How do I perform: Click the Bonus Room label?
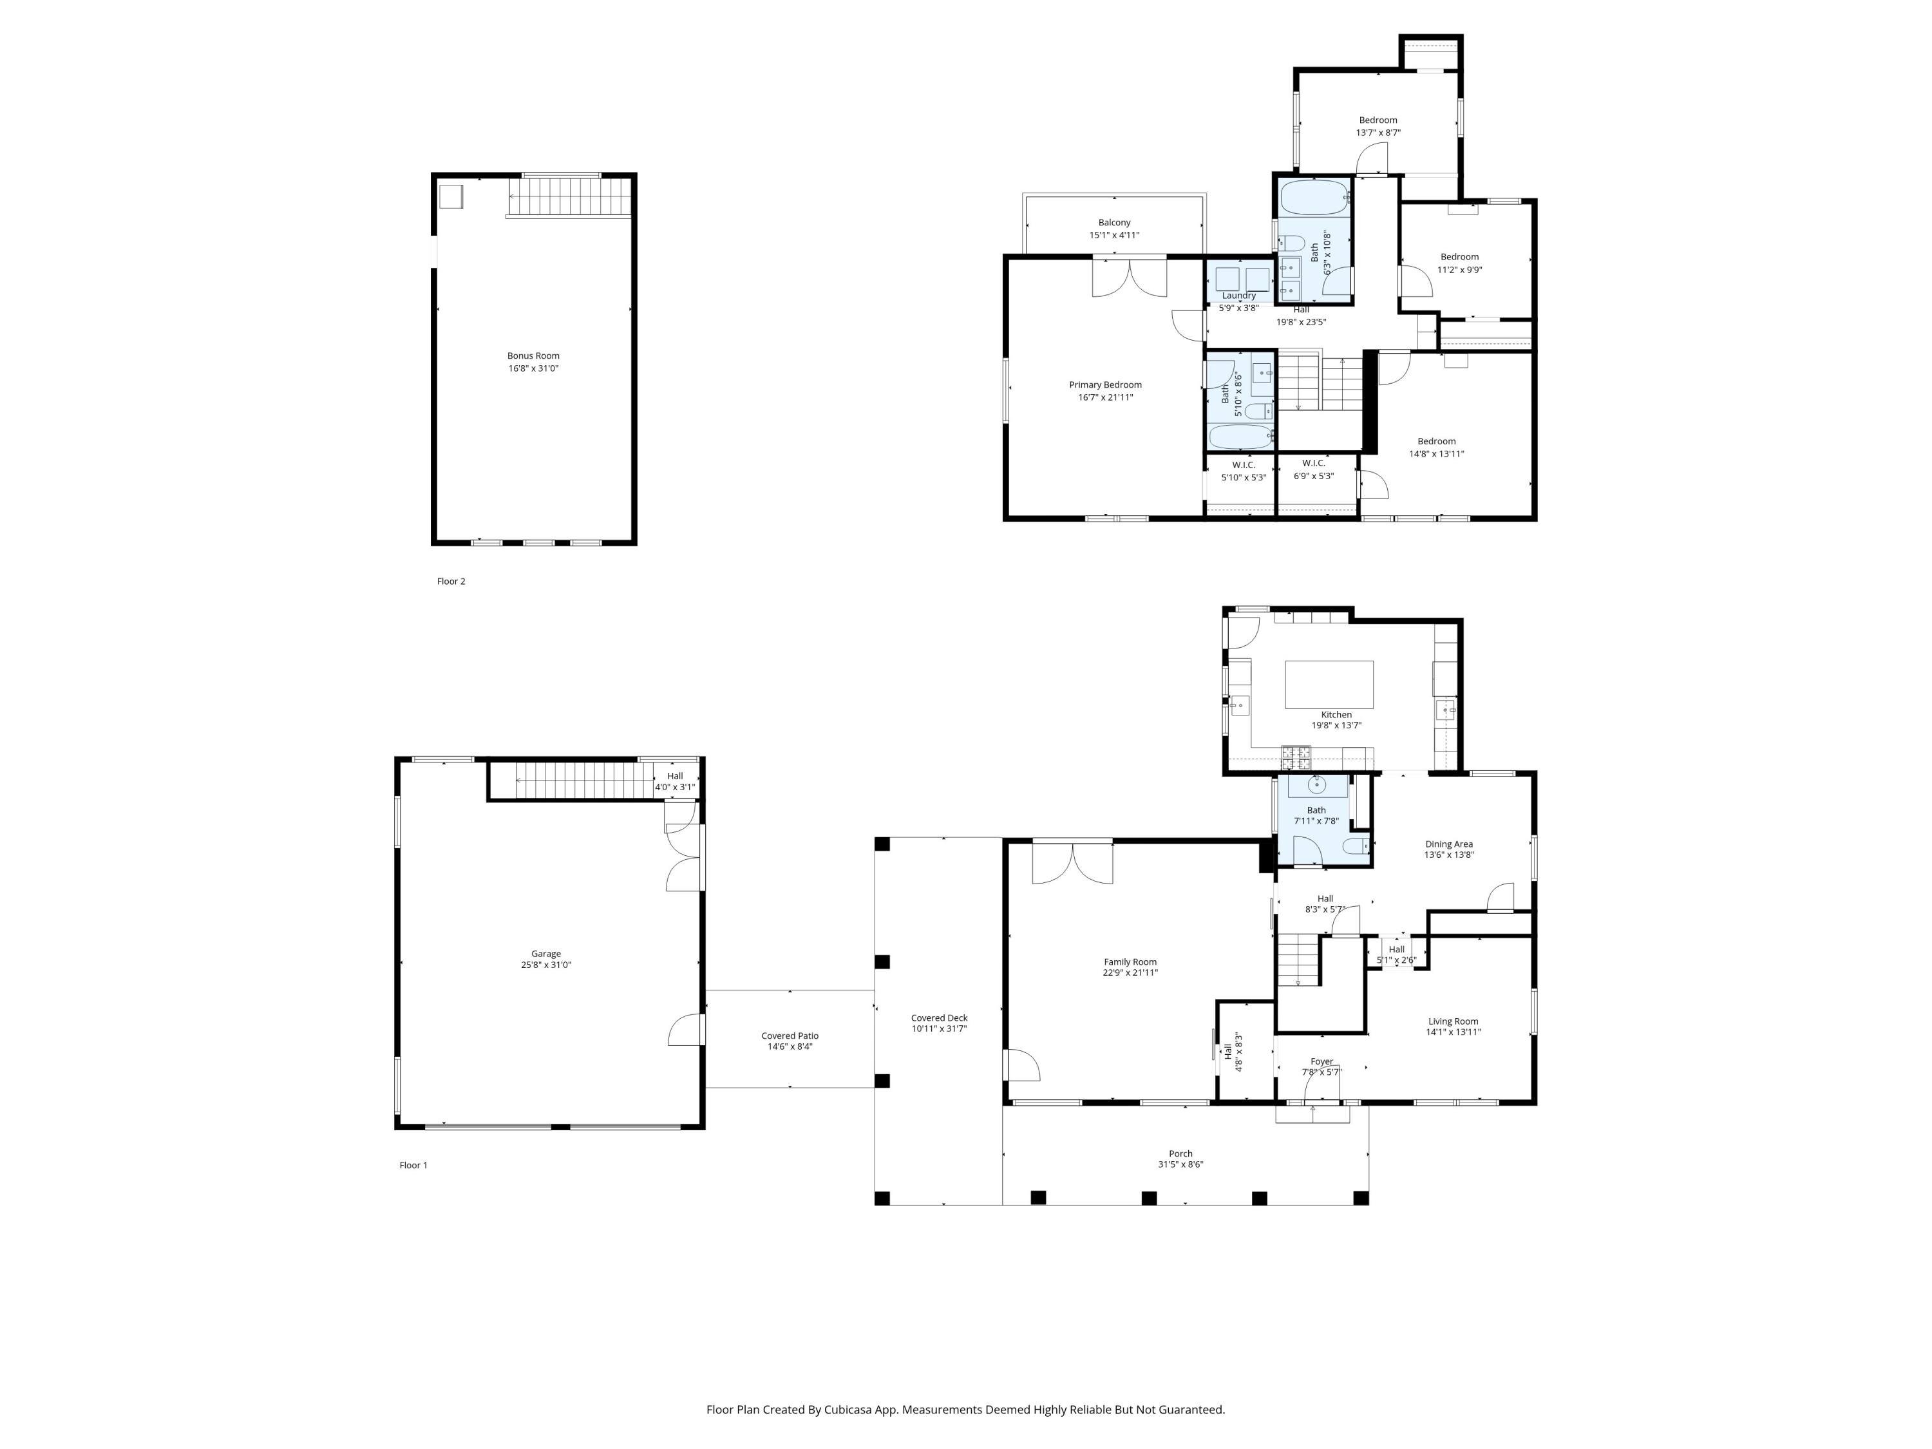[x=533, y=355]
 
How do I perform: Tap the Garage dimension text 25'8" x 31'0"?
[x=546, y=965]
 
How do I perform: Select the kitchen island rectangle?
[x=1329, y=684]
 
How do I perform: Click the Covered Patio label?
[x=790, y=1036]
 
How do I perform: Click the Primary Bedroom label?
[x=1105, y=384]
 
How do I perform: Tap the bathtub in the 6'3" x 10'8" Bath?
[x=1314, y=198]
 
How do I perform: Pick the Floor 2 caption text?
[x=451, y=582]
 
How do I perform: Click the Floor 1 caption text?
[x=413, y=1165]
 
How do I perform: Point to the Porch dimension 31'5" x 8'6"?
[x=1180, y=1164]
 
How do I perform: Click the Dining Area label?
[x=1449, y=844]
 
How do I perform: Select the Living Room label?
[x=1452, y=1021]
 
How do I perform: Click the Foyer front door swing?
[x=1321, y=1084]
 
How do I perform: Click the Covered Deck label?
[x=939, y=1018]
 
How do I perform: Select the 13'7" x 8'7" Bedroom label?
[x=1378, y=120]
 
